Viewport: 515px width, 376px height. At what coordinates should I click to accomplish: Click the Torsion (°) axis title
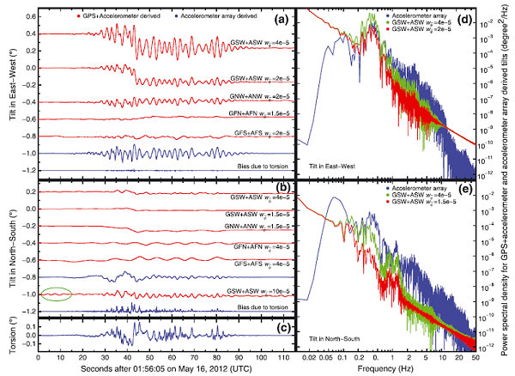[x=8, y=331]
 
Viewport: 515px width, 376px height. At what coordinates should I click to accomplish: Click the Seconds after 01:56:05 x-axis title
[x=163, y=365]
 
